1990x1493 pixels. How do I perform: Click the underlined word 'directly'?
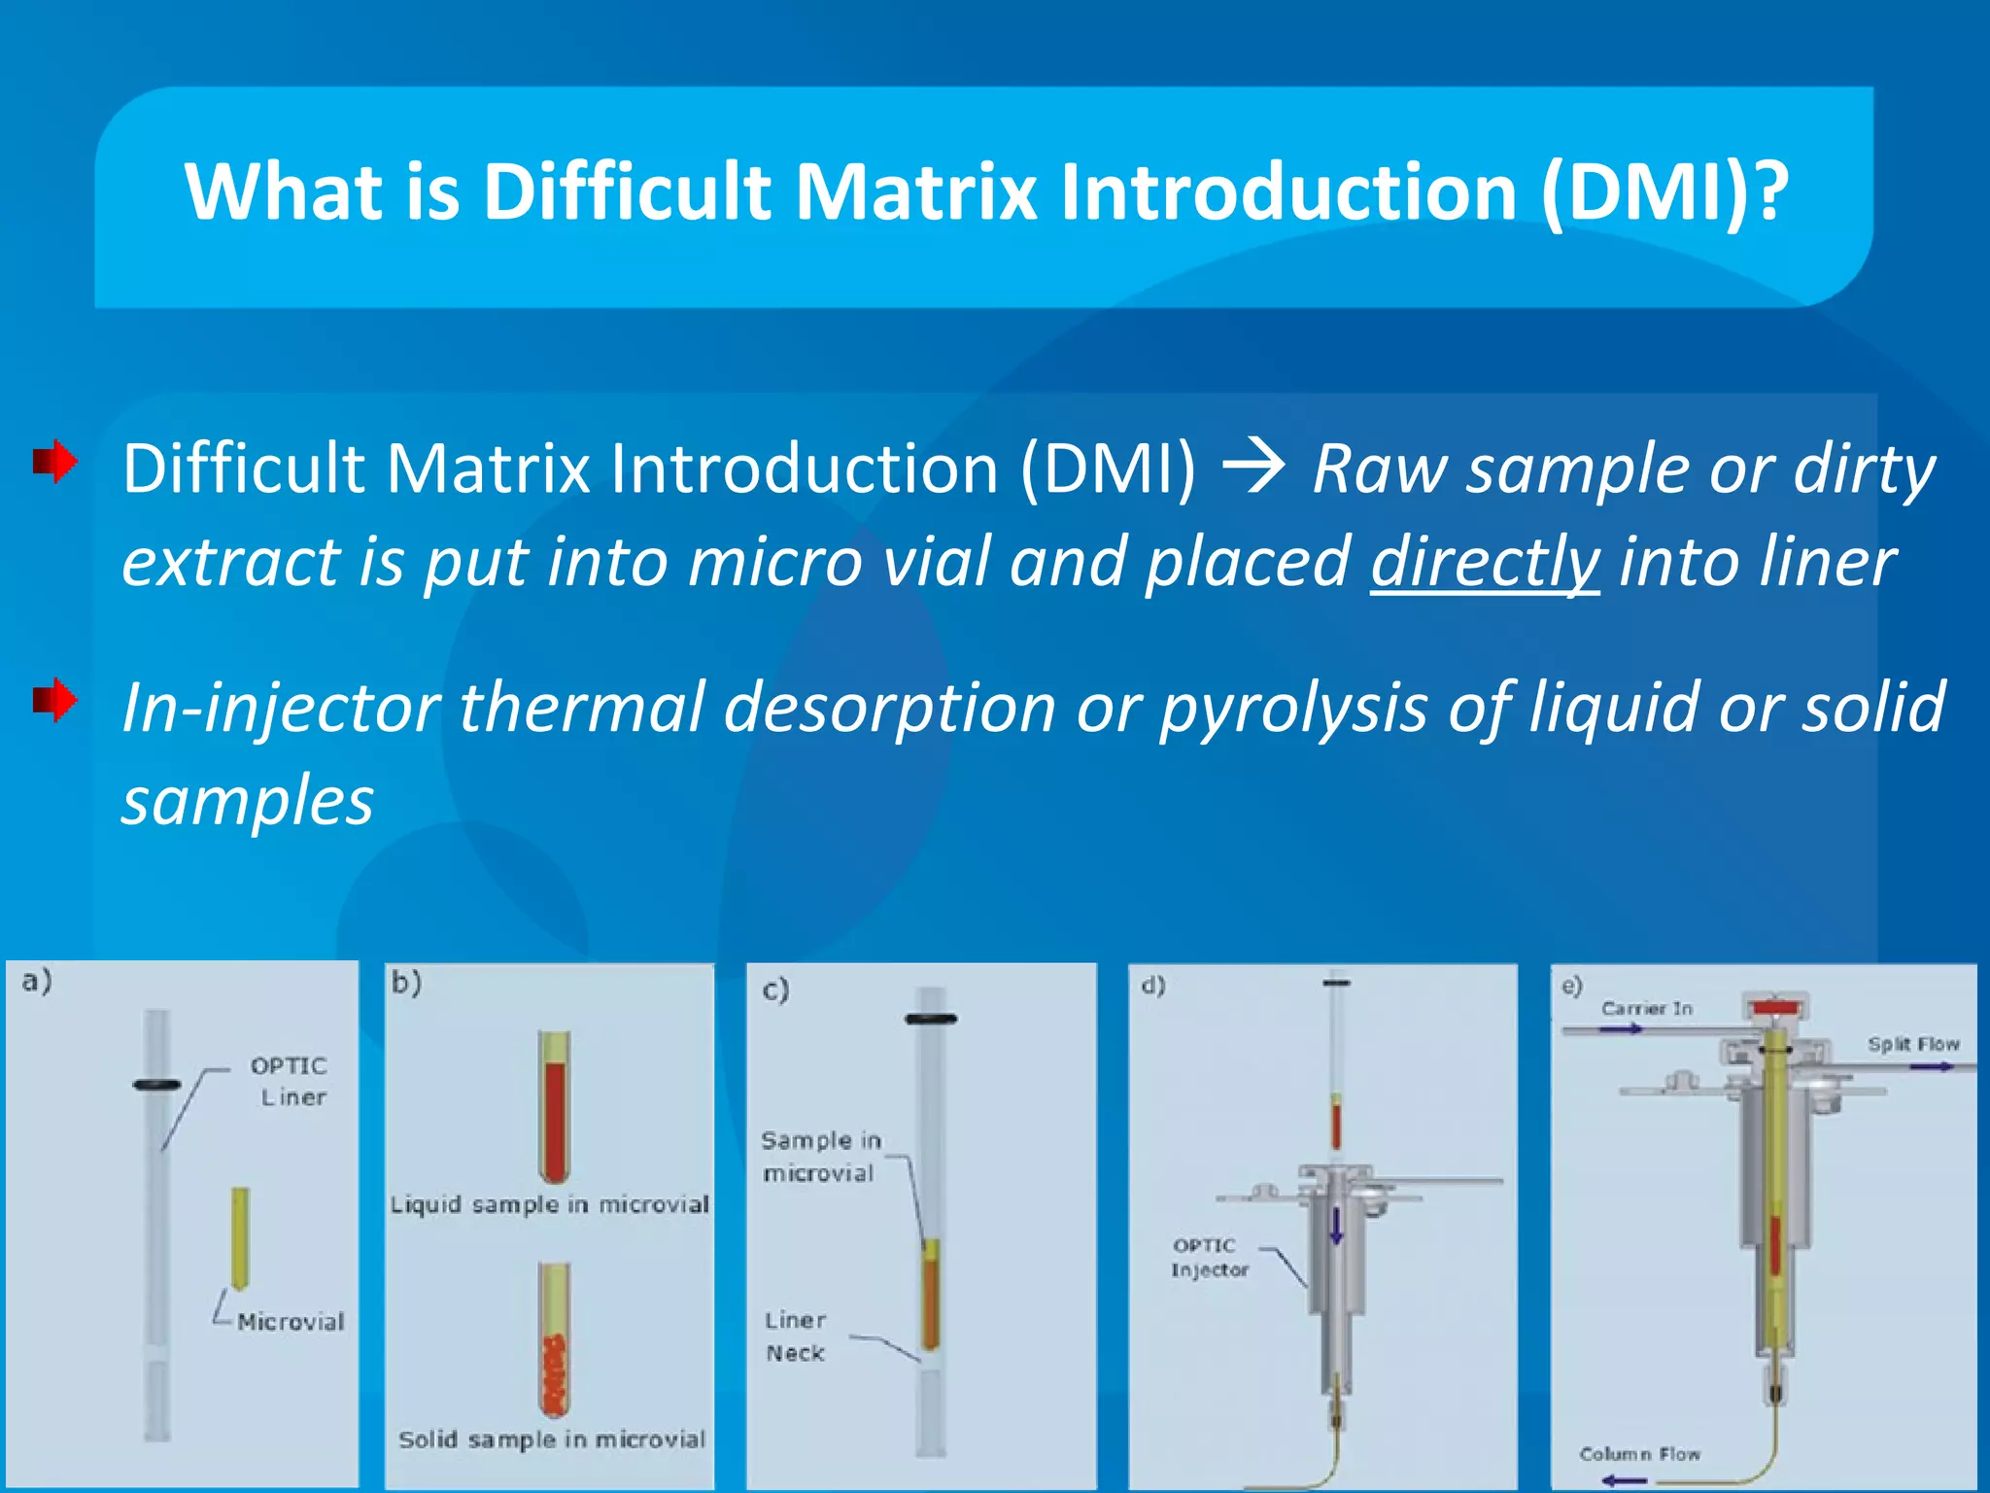point(1484,563)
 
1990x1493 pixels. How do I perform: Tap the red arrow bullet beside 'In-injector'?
point(55,700)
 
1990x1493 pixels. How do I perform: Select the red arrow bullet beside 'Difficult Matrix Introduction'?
point(55,462)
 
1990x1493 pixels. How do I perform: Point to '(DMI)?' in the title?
point(1664,191)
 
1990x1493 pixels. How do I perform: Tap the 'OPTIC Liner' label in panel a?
point(290,1081)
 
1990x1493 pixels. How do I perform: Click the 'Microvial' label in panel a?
point(290,1322)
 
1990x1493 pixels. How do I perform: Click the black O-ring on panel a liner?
point(156,1085)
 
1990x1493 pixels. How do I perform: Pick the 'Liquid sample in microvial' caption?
point(549,1205)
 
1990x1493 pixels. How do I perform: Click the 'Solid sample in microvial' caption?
point(551,1440)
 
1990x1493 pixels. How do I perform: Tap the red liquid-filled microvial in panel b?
point(554,1108)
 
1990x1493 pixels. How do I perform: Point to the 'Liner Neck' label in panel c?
point(795,1337)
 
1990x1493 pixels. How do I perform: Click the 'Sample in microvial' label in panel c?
point(820,1157)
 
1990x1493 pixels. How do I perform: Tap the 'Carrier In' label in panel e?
point(1646,1009)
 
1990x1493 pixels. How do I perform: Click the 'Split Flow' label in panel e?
point(1912,1044)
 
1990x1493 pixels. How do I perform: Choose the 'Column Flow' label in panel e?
point(1639,1454)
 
